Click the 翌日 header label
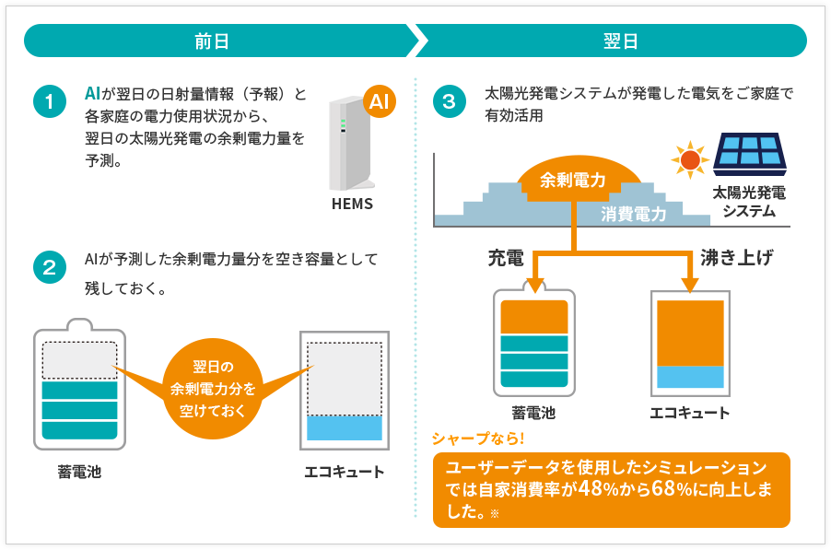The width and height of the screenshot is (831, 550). pos(620,41)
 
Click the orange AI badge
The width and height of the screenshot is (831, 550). pos(380,101)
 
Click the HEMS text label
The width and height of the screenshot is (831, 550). pos(352,204)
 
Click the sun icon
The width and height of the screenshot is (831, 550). pos(690,159)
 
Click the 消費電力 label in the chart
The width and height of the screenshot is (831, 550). pos(634,214)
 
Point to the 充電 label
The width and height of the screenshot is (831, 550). pos(506,257)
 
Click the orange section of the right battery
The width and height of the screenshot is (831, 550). pos(534,317)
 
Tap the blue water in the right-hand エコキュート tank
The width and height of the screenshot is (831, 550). pos(690,377)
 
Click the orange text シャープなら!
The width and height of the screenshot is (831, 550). pos(478,439)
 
